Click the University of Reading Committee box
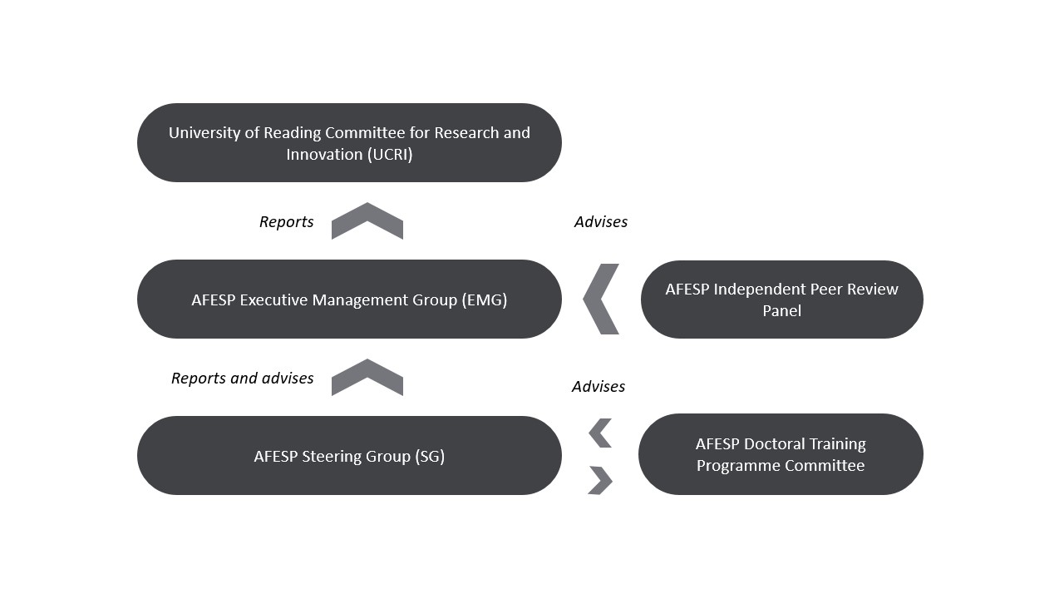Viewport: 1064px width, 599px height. [x=350, y=142]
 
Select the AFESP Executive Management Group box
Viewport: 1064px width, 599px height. [x=350, y=299]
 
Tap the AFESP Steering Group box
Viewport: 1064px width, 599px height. [x=350, y=455]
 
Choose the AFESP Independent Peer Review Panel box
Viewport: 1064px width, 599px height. [x=782, y=299]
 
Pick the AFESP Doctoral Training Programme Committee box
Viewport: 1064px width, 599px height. [x=781, y=454]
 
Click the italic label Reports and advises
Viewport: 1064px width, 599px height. [x=242, y=378]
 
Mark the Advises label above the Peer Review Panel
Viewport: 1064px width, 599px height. [x=601, y=221]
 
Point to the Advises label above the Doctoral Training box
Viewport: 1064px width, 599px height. [x=598, y=387]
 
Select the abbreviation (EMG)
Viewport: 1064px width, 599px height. [x=485, y=300]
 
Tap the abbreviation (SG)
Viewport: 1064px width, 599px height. [x=430, y=457]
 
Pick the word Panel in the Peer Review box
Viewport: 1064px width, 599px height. [x=782, y=311]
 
